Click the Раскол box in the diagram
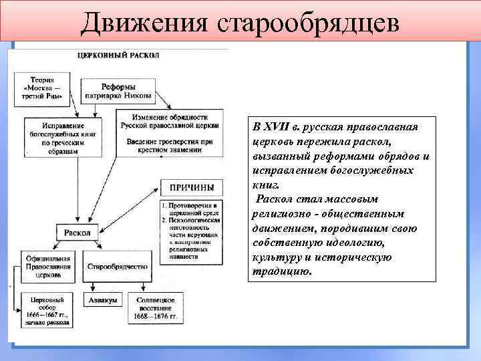[77, 233]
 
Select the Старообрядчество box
[118, 266]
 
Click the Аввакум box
[102, 300]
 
